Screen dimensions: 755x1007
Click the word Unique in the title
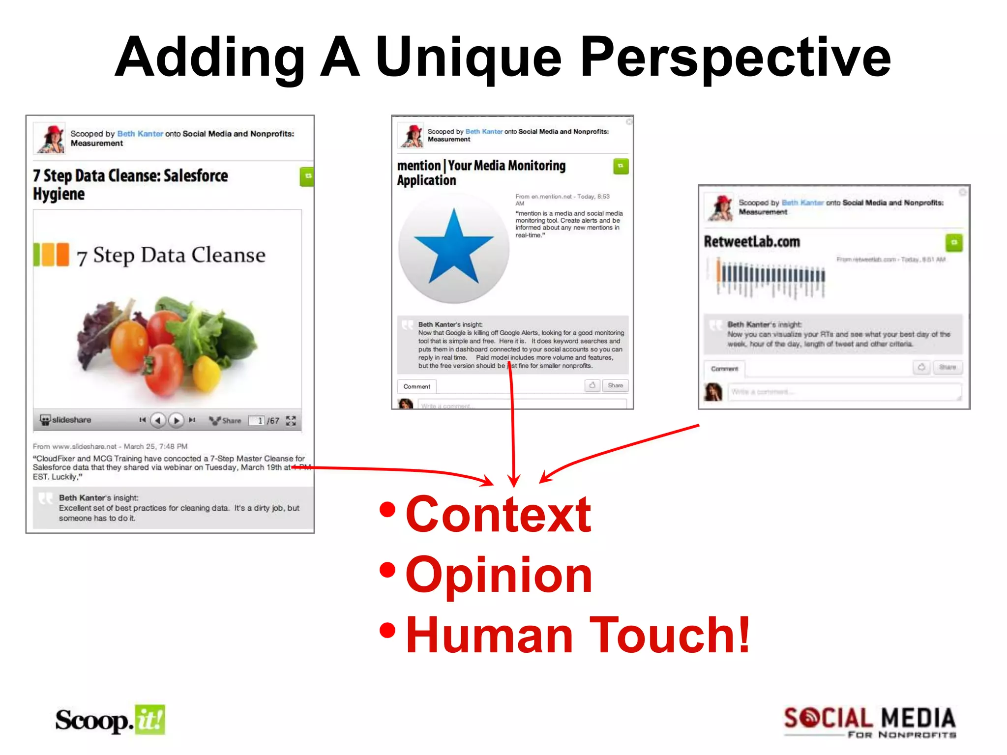tap(468, 58)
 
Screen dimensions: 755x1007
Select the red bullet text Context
tap(498, 515)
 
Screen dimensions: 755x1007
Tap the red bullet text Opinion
tap(499, 575)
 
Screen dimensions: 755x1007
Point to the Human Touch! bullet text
tap(578, 636)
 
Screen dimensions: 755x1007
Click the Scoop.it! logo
tap(110, 720)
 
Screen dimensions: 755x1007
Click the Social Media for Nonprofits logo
tap(869, 722)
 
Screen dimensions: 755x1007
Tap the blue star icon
tap(453, 247)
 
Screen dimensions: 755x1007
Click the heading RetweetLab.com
tap(752, 242)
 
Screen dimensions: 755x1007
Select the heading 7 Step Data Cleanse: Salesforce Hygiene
tap(130, 184)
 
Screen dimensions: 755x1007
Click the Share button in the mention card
tap(615, 385)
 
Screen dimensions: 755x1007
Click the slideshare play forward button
tap(176, 420)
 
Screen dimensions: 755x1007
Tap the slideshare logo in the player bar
tap(65, 420)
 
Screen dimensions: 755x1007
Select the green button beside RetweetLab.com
tap(954, 242)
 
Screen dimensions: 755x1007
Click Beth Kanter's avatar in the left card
tap(50, 138)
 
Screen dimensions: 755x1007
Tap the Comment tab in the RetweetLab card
tap(724, 369)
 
